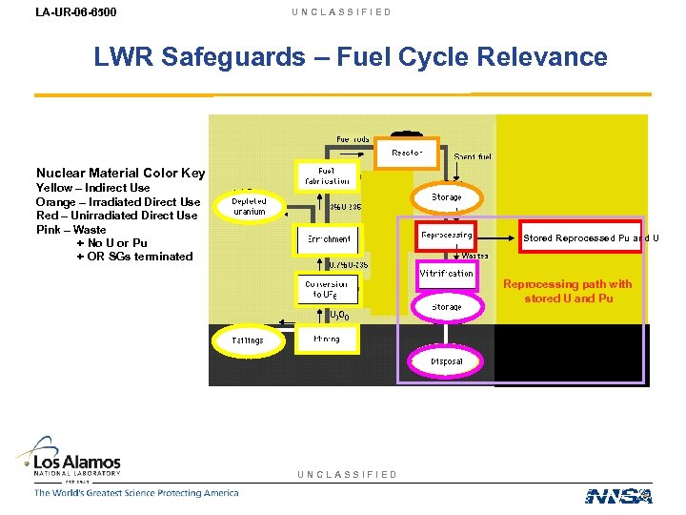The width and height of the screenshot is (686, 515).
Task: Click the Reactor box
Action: (x=407, y=152)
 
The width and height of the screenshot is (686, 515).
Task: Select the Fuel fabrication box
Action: (x=327, y=175)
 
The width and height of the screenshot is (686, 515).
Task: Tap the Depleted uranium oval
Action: (x=249, y=206)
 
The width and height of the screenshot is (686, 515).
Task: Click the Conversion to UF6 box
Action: (x=327, y=289)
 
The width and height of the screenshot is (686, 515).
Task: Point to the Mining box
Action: (x=326, y=339)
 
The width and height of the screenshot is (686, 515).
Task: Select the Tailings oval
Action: (x=248, y=340)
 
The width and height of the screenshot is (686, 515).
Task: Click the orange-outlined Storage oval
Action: (x=446, y=197)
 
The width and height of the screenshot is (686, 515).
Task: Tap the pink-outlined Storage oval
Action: (x=446, y=307)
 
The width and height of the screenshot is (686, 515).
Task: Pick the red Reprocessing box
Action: (x=446, y=235)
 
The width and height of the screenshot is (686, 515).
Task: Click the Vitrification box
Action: (x=446, y=274)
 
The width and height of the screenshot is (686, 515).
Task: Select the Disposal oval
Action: (x=446, y=361)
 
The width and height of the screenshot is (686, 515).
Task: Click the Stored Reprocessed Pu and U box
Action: (x=581, y=237)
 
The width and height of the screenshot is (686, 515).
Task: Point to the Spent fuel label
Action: (x=473, y=156)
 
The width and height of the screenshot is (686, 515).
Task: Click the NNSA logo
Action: (x=618, y=495)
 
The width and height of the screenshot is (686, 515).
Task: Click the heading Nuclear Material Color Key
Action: (x=120, y=174)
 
